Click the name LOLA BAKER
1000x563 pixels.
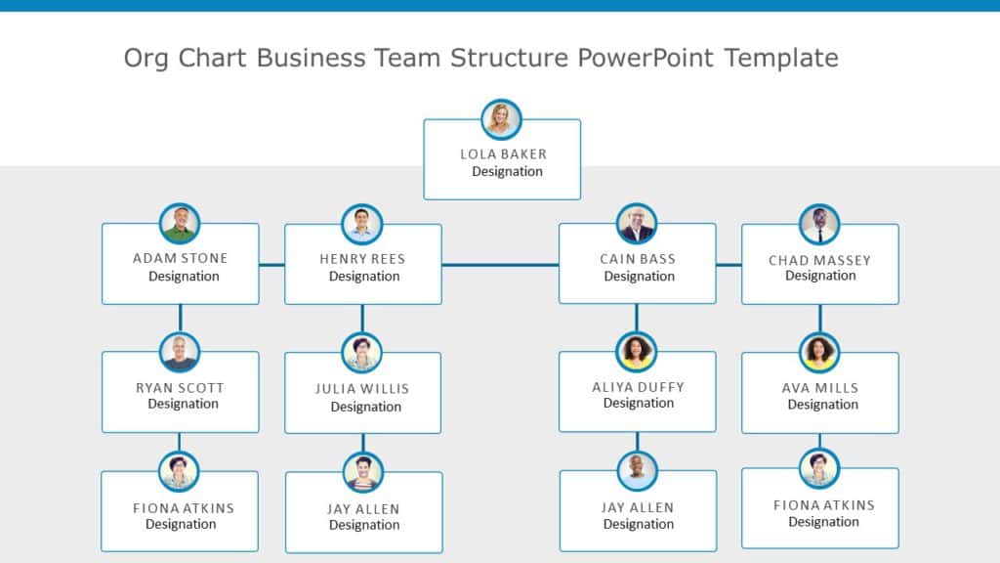pos(503,153)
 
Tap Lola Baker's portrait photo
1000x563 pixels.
pos(502,119)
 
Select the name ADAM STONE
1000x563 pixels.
pos(180,258)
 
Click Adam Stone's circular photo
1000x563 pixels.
pos(180,224)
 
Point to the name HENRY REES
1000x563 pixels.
pos(362,259)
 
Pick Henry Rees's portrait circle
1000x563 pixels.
pos(362,225)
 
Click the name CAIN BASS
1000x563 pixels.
pos(638,259)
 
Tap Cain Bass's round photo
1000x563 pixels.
pos(637,224)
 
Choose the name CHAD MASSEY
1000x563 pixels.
pos(819,260)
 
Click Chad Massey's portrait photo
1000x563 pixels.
pos(819,225)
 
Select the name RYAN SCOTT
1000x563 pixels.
pos(181,387)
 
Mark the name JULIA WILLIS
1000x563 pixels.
pos(362,388)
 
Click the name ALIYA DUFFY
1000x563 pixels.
pos(638,387)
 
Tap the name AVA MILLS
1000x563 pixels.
pos(820,388)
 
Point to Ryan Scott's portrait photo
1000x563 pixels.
pos(180,353)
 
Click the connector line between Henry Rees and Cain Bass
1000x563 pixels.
pos(500,264)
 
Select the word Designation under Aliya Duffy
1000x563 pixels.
pos(639,404)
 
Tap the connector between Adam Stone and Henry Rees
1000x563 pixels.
pos(271,264)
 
